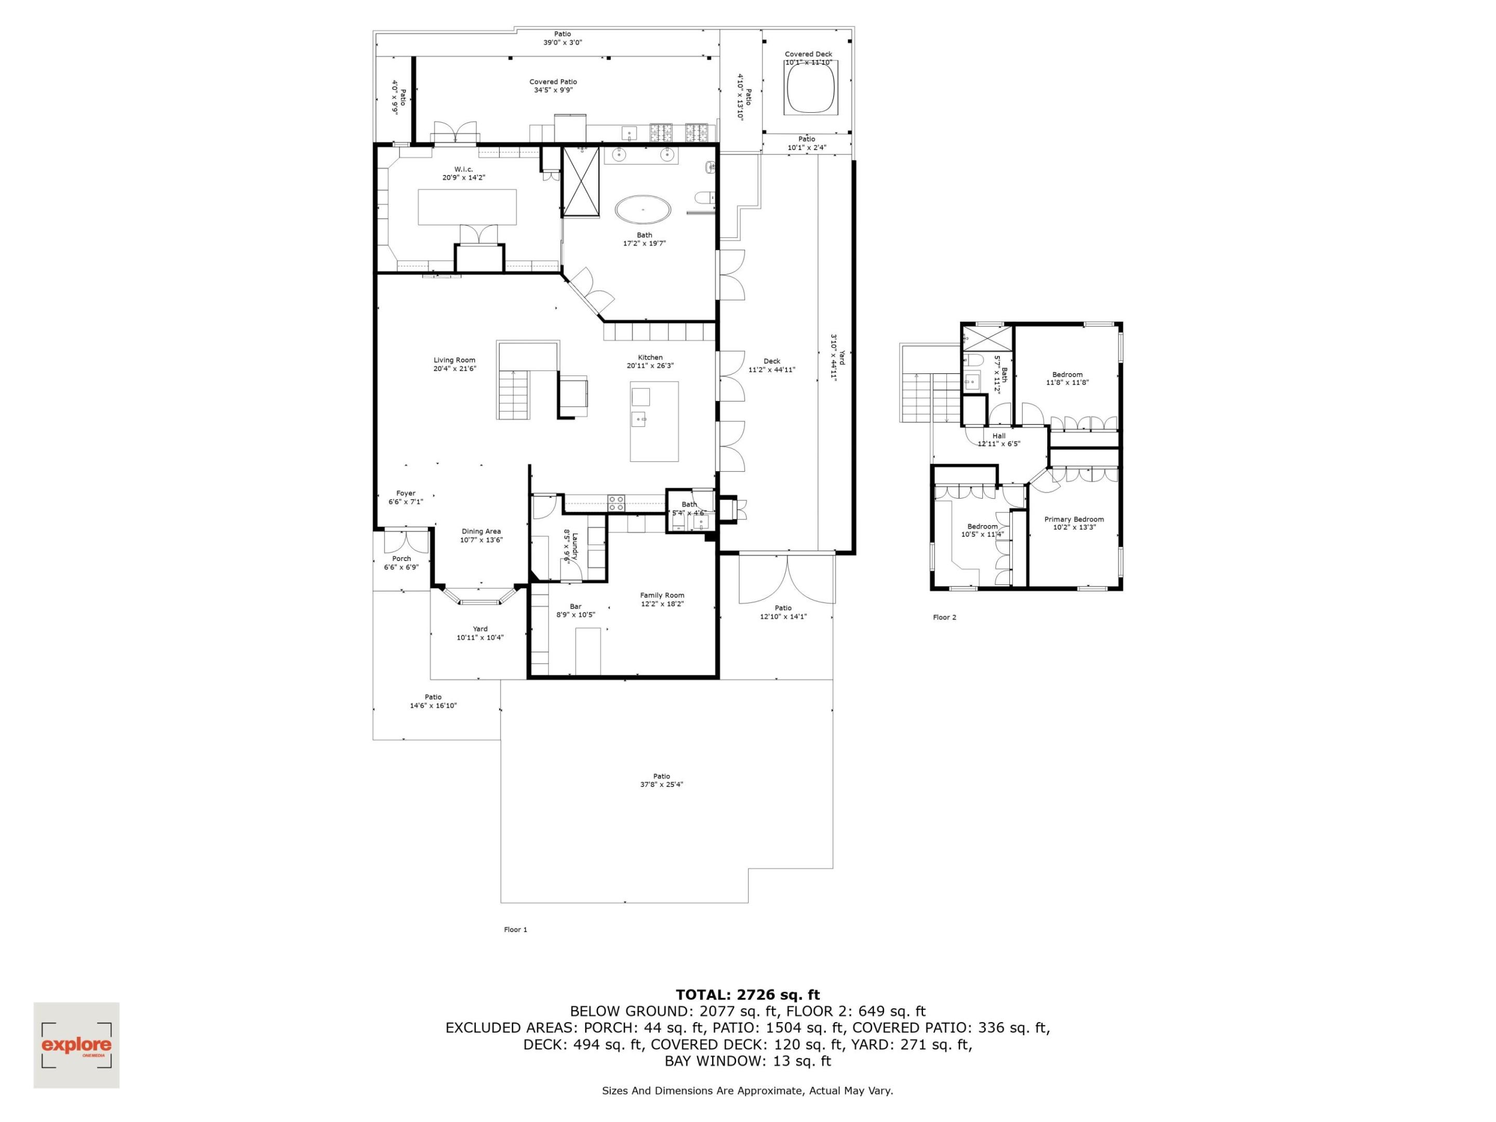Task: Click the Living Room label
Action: pyautogui.click(x=454, y=360)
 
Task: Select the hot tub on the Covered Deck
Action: pyautogui.click(x=810, y=88)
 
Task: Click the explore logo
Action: pyautogui.click(x=76, y=1045)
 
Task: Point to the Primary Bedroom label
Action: pyautogui.click(x=1074, y=519)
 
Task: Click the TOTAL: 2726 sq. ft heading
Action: pyautogui.click(x=747, y=995)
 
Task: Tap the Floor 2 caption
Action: pyautogui.click(x=944, y=618)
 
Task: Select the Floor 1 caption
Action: pyautogui.click(x=515, y=930)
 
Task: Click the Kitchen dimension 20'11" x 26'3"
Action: pyautogui.click(x=650, y=366)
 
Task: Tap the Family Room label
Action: pyautogui.click(x=662, y=596)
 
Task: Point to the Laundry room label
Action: pyautogui.click(x=574, y=546)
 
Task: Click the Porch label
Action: pyautogui.click(x=401, y=558)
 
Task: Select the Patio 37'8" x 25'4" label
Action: pyautogui.click(x=661, y=777)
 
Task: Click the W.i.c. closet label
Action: pyautogui.click(x=463, y=169)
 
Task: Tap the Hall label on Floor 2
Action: pyautogui.click(x=999, y=436)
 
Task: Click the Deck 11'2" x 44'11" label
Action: pyautogui.click(x=772, y=361)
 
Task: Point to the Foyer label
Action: pyautogui.click(x=406, y=493)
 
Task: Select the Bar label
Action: pyautogui.click(x=576, y=607)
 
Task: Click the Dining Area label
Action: pyautogui.click(x=481, y=531)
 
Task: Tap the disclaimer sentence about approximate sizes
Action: pyautogui.click(x=747, y=1091)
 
